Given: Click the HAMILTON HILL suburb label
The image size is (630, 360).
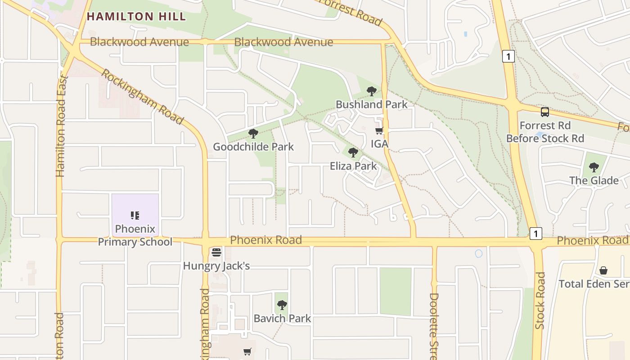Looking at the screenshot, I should [136, 17].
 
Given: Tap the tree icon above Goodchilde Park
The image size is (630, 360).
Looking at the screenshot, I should [253, 134].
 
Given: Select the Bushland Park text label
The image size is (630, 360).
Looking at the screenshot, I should [371, 104].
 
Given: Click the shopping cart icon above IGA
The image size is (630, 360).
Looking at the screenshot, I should [379, 131].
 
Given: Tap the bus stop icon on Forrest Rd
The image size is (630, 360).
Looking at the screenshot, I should [544, 112].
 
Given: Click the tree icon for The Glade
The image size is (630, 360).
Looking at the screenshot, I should [594, 167].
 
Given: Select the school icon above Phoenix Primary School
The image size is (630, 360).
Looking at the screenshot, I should [135, 216].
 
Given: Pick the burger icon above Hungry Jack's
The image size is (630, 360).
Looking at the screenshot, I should [216, 252].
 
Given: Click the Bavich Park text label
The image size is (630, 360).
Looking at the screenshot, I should [282, 319].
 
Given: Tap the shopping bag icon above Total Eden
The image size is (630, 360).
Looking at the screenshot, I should [603, 271].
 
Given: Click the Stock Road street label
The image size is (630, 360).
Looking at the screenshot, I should [540, 300].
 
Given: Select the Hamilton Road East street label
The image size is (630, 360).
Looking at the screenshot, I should [61, 126].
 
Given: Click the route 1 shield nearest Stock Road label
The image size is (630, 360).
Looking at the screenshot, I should [535, 234].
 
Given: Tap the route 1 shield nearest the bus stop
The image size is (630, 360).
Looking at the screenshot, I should [508, 57].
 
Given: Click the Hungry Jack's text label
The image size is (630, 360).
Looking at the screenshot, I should [216, 266].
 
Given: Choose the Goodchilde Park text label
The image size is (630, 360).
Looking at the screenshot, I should [253, 147].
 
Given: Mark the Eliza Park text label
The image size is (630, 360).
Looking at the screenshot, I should [353, 166].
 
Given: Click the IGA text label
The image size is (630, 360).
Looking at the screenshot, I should [379, 144].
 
